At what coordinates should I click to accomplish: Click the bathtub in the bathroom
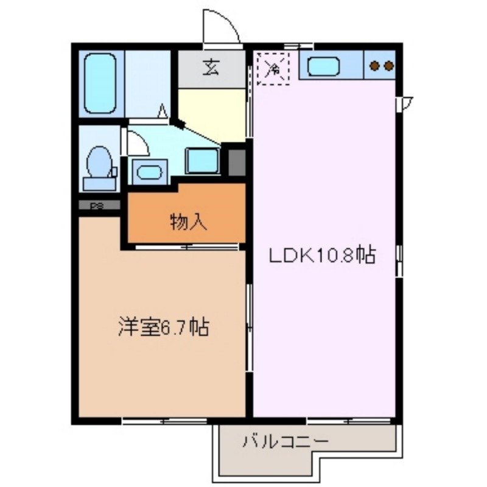pos(100,83)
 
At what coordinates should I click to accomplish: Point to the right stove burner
pos(388,66)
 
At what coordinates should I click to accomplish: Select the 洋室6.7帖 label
pos(164,328)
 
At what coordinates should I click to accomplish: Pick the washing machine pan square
pos(202,160)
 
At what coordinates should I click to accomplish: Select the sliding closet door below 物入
pos(186,247)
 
